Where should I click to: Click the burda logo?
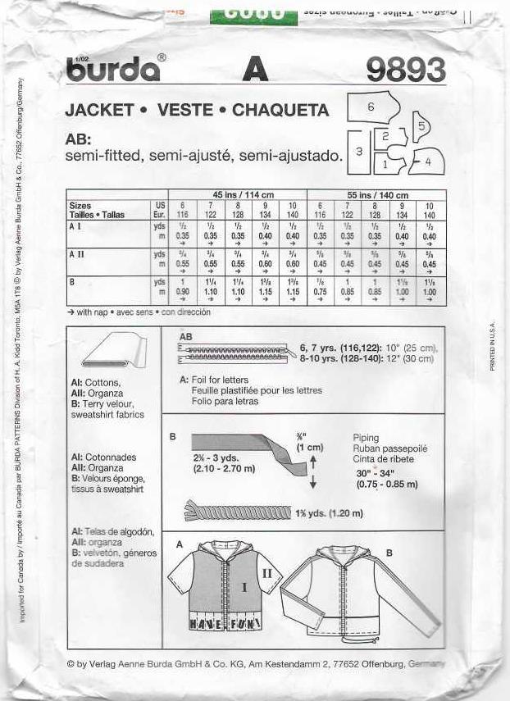pos(113,70)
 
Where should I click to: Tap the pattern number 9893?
pos(406,70)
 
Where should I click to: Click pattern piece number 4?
pos(426,162)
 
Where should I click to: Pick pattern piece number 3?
pos(358,152)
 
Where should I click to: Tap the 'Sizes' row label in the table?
pos(80,206)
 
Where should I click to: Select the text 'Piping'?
pos(366,438)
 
